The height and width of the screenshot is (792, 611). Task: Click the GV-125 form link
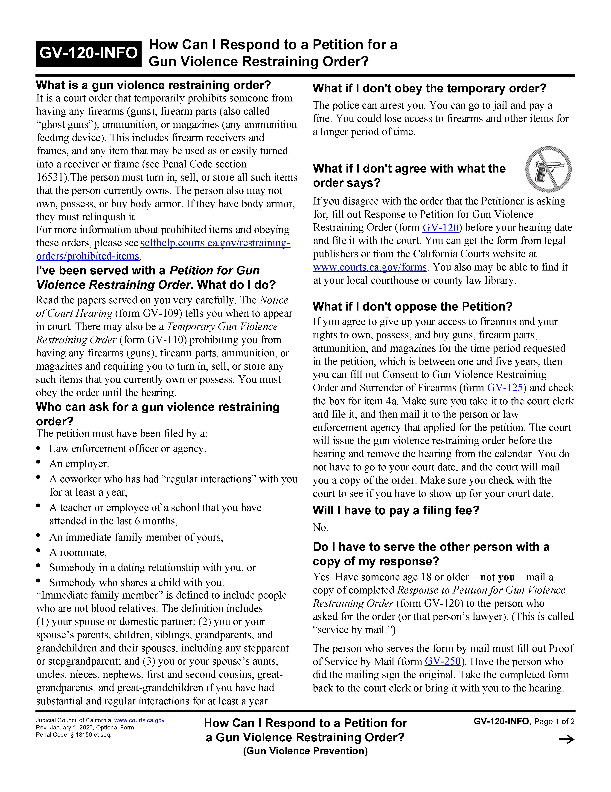click(x=505, y=388)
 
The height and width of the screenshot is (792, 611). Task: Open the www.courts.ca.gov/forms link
click(x=370, y=267)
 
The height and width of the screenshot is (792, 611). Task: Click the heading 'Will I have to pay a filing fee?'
click(x=396, y=511)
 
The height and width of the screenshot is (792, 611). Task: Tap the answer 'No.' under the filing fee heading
click(x=320, y=527)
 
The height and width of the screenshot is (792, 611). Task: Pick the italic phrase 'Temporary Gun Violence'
click(x=222, y=327)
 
